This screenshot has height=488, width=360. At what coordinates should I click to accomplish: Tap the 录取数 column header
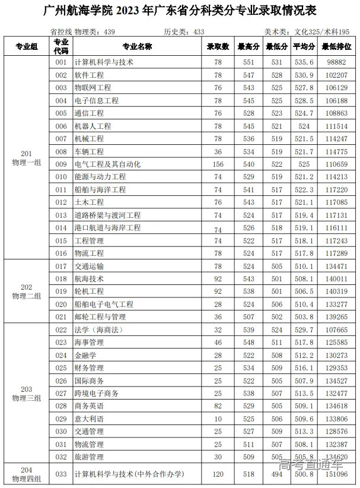218,46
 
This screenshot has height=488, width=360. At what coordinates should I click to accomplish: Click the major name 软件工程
89,75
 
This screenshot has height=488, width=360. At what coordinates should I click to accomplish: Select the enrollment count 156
218,164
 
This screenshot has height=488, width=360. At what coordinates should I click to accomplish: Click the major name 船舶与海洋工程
100,189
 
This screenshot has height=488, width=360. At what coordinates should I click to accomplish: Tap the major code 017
61,266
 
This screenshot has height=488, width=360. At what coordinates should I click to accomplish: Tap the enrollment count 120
218,474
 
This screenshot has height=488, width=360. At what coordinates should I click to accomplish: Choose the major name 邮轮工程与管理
100,317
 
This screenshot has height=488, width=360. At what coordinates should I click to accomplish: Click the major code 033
61,474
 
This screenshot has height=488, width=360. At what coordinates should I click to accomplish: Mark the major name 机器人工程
93,126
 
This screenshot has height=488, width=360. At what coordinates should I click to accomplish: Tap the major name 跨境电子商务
96,393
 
